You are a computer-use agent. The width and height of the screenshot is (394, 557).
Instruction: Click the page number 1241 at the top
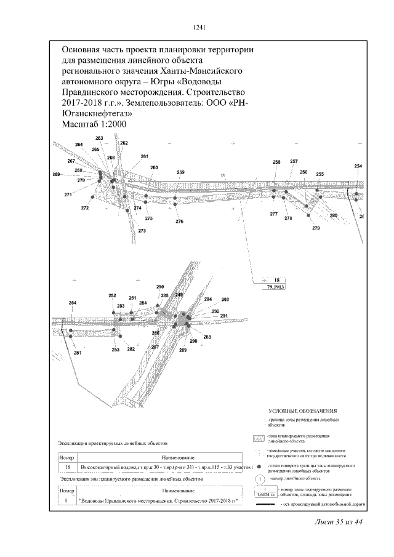point(198,27)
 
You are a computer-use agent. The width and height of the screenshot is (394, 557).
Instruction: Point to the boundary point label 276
point(179,221)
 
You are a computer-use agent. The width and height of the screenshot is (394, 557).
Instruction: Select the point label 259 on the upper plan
point(180,172)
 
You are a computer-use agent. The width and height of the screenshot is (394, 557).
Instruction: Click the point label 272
point(85,208)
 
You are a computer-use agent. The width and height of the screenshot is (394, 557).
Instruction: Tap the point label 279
point(316,228)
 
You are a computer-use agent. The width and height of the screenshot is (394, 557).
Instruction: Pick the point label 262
point(124,143)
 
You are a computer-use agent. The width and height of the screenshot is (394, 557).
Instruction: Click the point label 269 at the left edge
point(57,175)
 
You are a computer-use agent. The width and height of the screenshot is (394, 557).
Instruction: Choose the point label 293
point(225,299)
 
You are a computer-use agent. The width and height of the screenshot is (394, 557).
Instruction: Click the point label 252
point(112,296)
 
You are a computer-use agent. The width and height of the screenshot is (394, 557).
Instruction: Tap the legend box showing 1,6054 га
point(265,494)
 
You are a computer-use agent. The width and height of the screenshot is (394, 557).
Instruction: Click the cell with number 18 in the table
point(66,470)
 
